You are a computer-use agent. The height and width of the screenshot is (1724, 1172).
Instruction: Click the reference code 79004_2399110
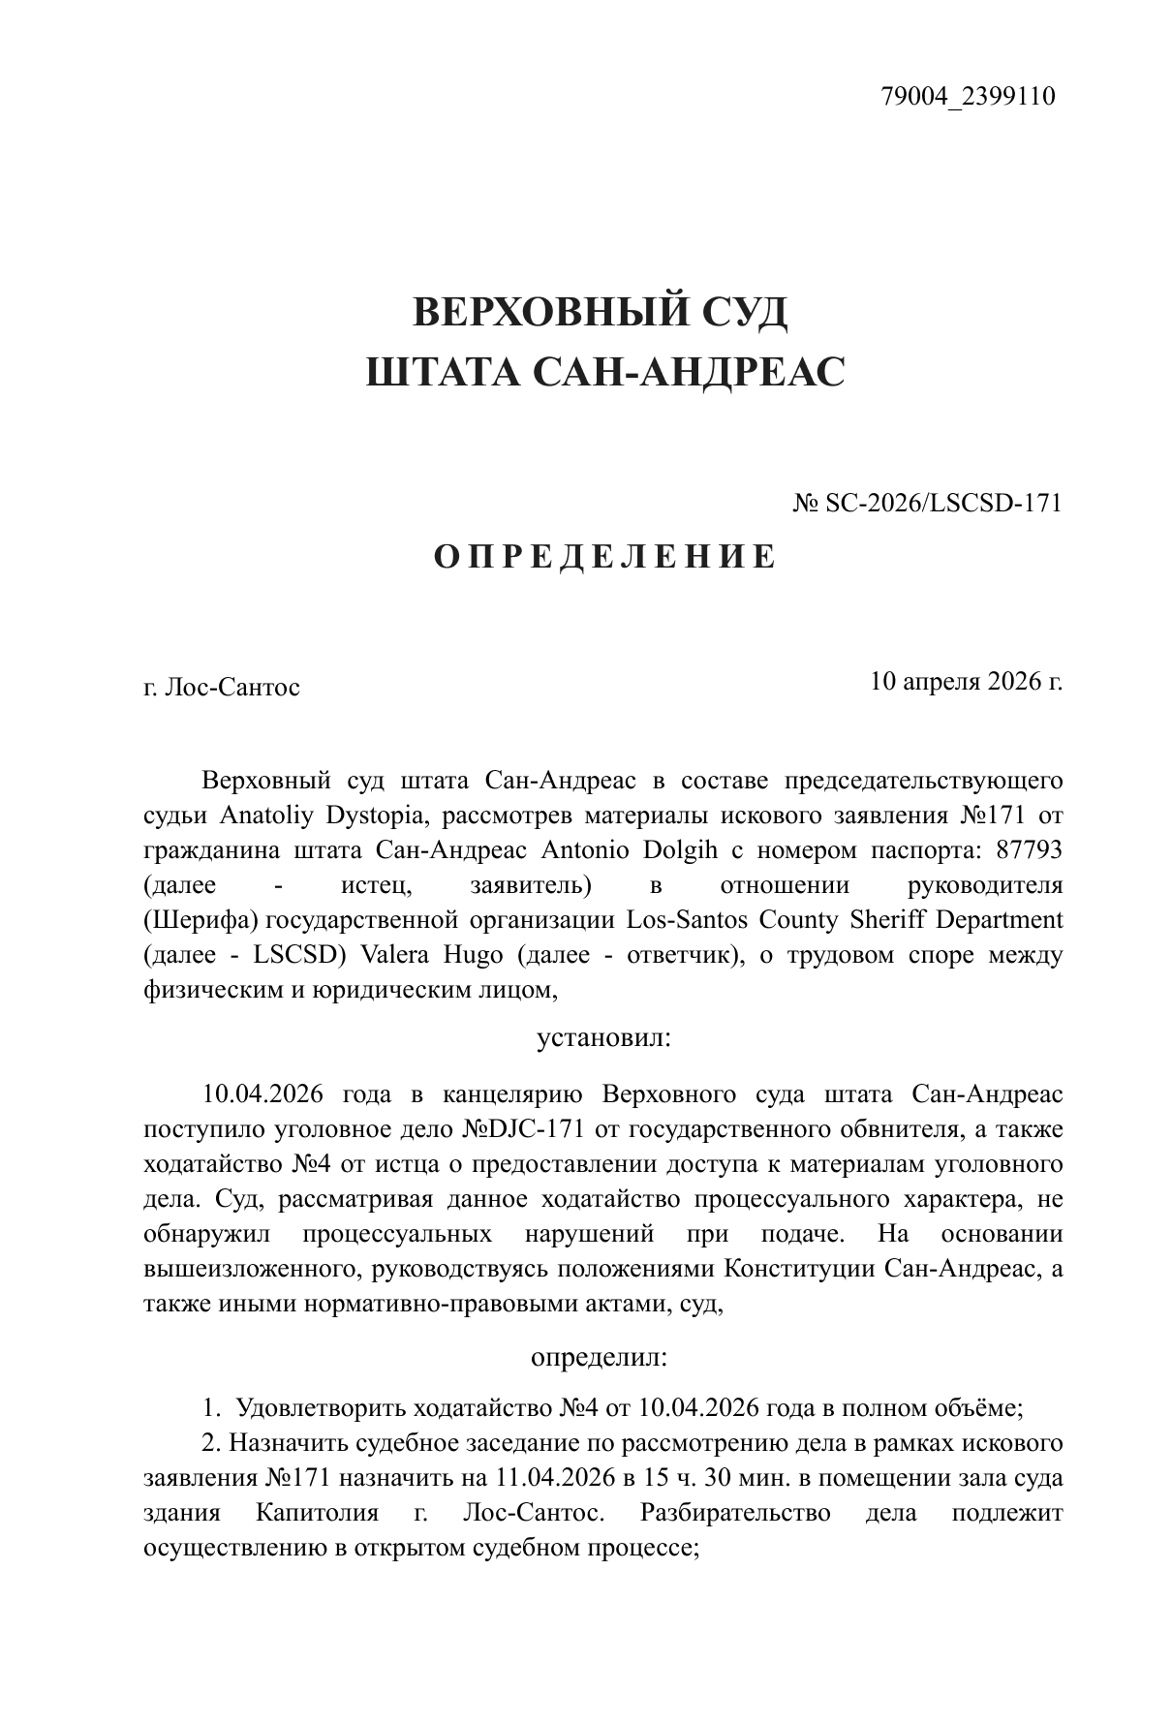(x=968, y=97)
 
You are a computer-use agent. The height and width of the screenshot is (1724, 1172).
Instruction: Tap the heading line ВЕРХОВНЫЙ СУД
(x=601, y=313)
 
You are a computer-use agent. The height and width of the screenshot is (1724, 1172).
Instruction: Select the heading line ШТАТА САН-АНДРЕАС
(x=605, y=372)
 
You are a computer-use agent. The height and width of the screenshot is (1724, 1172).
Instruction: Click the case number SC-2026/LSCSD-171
(x=943, y=504)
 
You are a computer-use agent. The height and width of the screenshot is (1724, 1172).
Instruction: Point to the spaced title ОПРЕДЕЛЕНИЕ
(x=604, y=557)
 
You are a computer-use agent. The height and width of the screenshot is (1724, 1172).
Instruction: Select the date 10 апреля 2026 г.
(x=966, y=681)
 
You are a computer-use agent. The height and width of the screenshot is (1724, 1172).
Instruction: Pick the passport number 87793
(x=1026, y=850)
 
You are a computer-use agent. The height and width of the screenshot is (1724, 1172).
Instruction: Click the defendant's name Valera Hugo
(x=431, y=955)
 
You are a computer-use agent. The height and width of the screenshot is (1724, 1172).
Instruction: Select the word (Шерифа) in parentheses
(x=200, y=920)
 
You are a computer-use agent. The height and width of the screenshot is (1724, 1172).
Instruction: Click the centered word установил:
(x=603, y=1039)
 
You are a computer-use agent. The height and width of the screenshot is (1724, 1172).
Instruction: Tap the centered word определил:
(x=600, y=1357)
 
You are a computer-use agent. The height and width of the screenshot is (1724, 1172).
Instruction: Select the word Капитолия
(x=313, y=1514)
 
